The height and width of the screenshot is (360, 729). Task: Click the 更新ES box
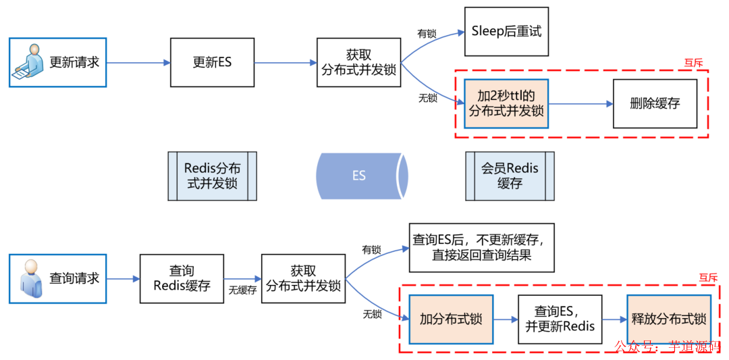pyautogui.click(x=211, y=62)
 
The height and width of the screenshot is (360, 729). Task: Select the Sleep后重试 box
pyautogui.click(x=506, y=32)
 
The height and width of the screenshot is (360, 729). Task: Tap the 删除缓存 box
pyautogui.click(x=654, y=103)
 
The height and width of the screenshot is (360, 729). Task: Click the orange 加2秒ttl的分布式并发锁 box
pyautogui.click(x=506, y=103)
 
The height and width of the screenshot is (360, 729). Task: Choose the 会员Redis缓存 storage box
pyautogui.click(x=510, y=176)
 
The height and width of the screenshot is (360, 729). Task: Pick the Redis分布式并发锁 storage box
pyautogui.click(x=212, y=176)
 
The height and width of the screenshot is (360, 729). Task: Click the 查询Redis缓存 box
pyautogui.click(x=182, y=278)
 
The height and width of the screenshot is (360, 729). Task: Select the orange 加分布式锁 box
pyautogui.click(x=451, y=319)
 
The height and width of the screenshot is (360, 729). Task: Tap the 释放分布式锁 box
pyautogui.click(x=668, y=319)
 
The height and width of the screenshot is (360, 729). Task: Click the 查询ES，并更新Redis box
pyautogui.click(x=560, y=319)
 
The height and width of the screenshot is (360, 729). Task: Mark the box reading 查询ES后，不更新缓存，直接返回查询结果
pyautogui.click(x=481, y=248)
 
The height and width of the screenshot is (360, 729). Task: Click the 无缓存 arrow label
pyautogui.click(x=242, y=290)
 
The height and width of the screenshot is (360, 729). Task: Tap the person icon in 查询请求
pyautogui.click(x=30, y=278)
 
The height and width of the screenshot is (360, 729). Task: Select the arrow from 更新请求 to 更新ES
pyautogui.click(x=138, y=63)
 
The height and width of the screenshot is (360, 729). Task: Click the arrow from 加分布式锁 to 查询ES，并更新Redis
pyautogui.click(x=505, y=319)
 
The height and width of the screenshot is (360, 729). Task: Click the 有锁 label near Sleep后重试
pyautogui.click(x=427, y=34)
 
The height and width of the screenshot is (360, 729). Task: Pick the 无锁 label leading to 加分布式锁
pyautogui.click(x=372, y=314)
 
